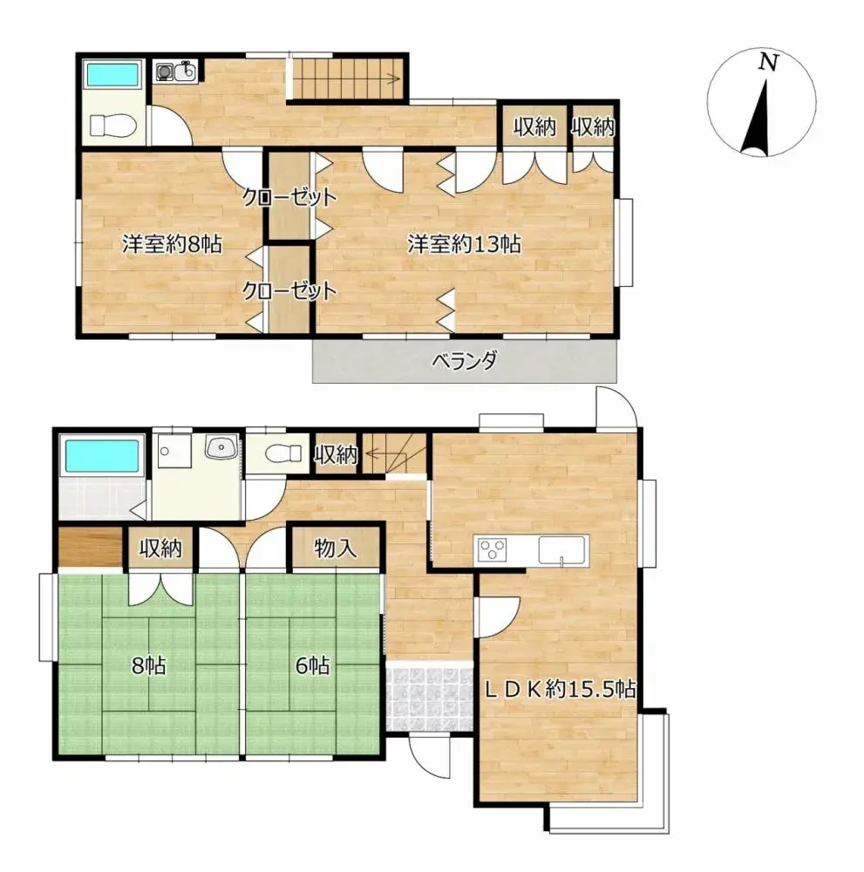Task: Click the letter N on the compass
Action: tap(767, 61)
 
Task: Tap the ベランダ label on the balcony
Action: tap(464, 361)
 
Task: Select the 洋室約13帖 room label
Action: tap(464, 245)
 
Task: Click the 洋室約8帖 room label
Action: tap(171, 245)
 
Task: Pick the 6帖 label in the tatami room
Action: tap(312, 665)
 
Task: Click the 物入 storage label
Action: tap(336, 548)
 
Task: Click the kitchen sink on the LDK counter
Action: tap(561, 550)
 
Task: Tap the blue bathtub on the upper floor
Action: tap(112, 73)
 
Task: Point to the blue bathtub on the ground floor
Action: tap(100, 456)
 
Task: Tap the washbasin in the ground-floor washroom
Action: tap(221, 449)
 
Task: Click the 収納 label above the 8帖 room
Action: tap(159, 548)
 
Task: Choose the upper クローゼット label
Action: tap(289, 197)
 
